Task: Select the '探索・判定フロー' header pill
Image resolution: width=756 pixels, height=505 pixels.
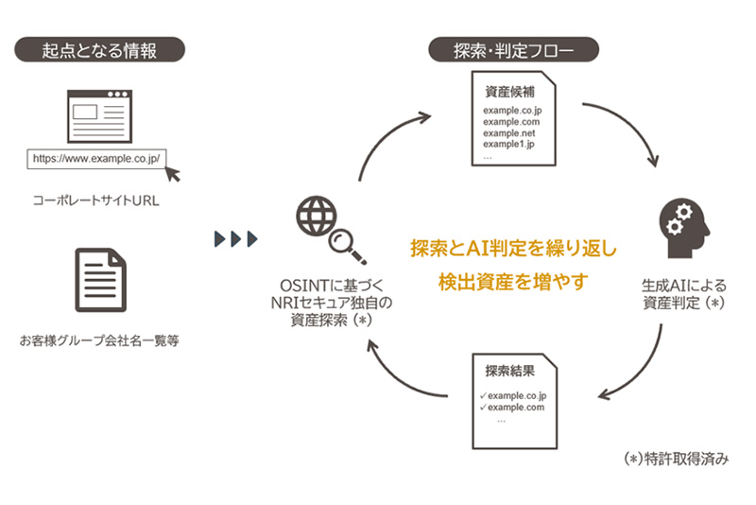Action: (514, 48)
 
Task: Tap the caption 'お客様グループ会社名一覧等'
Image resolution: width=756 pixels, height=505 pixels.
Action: (98, 338)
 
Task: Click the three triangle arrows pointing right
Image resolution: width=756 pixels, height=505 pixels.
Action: (235, 238)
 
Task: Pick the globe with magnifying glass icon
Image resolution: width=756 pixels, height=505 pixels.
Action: (323, 227)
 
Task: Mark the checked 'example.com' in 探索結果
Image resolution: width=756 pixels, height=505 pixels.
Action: (516, 407)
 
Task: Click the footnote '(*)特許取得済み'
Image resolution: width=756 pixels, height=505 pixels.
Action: (678, 459)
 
